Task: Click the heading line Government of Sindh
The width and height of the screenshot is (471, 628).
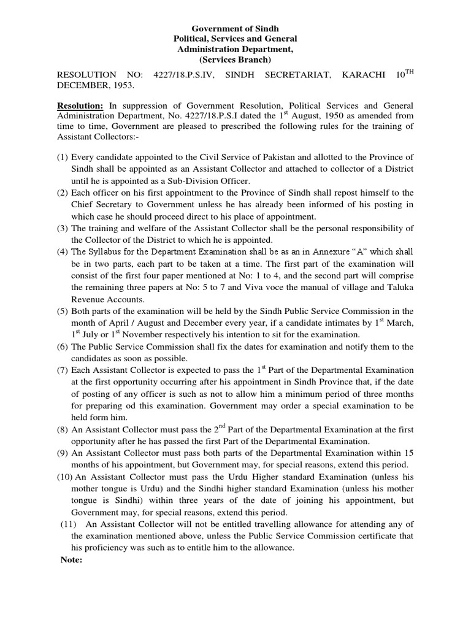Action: pos(235,28)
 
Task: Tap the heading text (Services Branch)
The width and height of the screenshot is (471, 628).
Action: pos(235,59)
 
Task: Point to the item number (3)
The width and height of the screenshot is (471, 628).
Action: pos(62,228)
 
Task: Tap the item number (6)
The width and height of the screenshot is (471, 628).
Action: pos(62,347)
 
